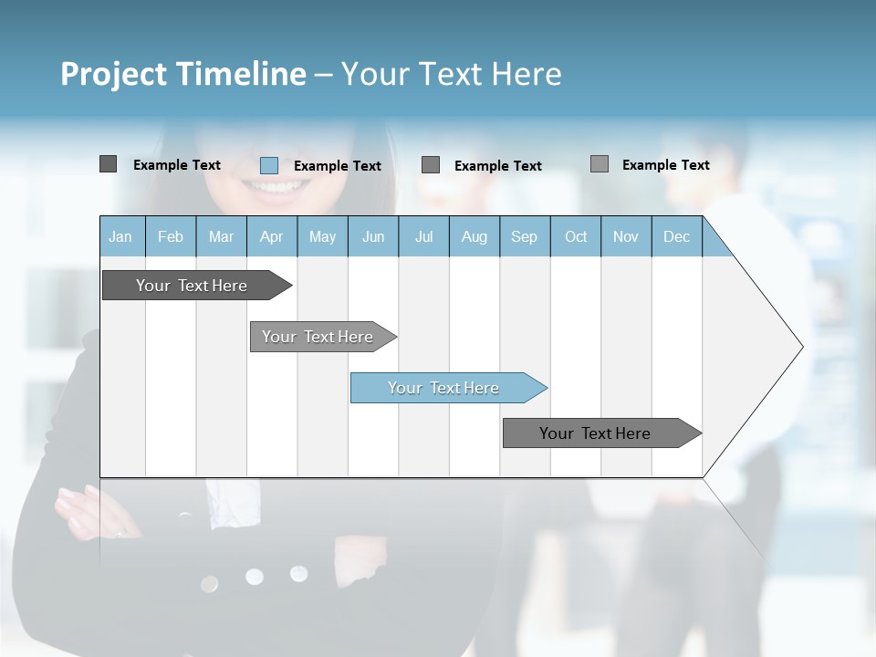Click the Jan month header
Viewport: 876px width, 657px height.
pos(120,237)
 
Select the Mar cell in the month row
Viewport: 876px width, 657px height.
pos(221,237)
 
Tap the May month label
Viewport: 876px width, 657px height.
pos(322,237)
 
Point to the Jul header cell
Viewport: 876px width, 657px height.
pos(423,237)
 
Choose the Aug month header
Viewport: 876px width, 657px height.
pos(474,237)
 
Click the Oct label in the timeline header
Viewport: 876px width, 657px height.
pos(576,237)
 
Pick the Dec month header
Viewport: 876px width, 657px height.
pos(676,237)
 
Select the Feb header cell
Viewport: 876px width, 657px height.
pos(171,237)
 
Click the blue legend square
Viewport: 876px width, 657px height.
pos(268,165)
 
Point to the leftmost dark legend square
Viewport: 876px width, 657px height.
pos(108,164)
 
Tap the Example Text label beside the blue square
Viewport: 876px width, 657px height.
pos(337,166)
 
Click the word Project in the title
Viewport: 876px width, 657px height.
pos(114,74)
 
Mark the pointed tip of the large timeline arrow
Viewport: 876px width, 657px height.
pos(801,347)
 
